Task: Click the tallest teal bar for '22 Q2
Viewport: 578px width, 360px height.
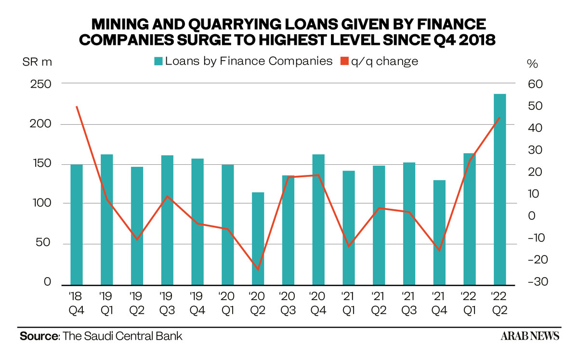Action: [x=499, y=189]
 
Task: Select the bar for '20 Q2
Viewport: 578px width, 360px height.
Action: [x=258, y=239]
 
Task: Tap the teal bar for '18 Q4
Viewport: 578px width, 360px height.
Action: [x=77, y=225]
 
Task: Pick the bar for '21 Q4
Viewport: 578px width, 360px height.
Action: [x=439, y=233]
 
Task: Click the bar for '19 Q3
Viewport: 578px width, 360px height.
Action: [x=167, y=220]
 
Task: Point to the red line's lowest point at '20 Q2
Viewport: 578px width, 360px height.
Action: [x=258, y=269]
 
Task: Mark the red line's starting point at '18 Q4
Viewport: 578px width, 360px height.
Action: [x=77, y=107]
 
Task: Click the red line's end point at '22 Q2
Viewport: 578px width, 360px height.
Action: [x=500, y=118]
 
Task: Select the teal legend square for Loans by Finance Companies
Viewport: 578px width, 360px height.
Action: [x=158, y=62]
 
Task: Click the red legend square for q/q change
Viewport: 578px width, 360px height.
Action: [x=344, y=61]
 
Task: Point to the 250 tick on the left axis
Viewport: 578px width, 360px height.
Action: [x=41, y=84]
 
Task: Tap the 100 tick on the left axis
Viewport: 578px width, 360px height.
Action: [x=42, y=203]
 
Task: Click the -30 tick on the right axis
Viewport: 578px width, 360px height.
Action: [x=538, y=281]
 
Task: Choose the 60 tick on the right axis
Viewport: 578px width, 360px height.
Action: [x=536, y=84]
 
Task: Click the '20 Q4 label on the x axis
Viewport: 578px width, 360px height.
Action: [x=318, y=303]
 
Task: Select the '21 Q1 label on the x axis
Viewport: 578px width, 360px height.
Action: [x=349, y=303]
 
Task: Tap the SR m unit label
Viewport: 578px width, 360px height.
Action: [x=37, y=62]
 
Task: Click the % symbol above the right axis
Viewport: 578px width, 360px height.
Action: [x=532, y=64]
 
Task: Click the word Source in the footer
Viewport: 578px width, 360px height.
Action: [x=39, y=336]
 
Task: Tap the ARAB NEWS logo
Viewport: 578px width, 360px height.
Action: [x=530, y=336]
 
